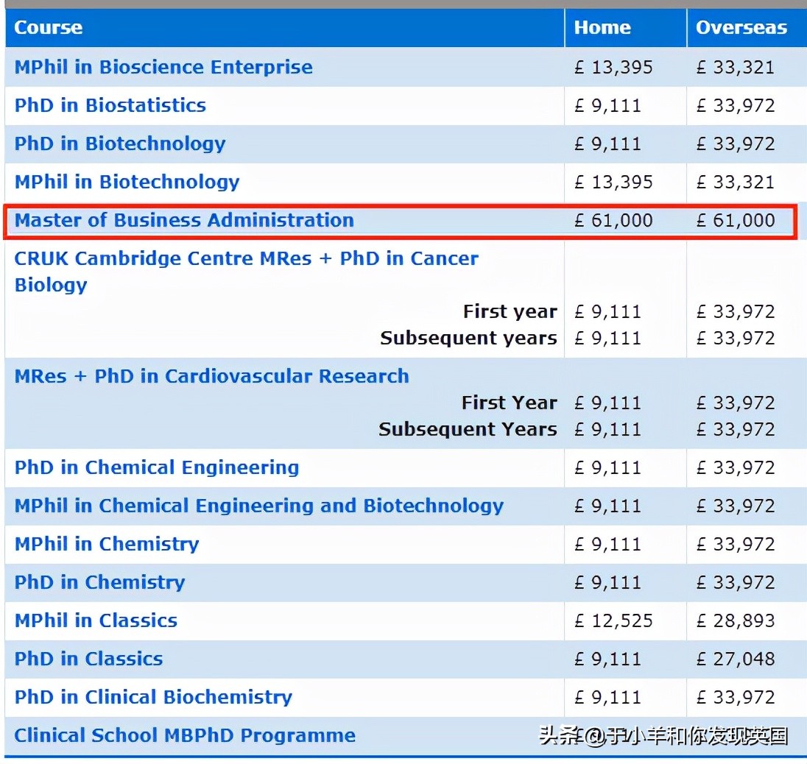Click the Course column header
pyautogui.click(x=48, y=28)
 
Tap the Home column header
pyautogui.click(x=602, y=28)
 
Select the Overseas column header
pyautogui.click(x=741, y=28)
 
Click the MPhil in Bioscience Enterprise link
pyautogui.click(x=163, y=67)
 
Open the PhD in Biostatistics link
pyautogui.click(x=110, y=105)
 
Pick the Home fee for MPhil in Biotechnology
pyautogui.click(x=613, y=182)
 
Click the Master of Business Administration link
pyautogui.click(x=184, y=220)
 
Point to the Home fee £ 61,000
pyautogui.click(x=613, y=220)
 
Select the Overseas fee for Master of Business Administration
pyautogui.click(x=736, y=220)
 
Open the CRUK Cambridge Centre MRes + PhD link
pyautogui.click(x=246, y=259)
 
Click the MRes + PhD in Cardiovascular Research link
pyautogui.click(x=211, y=376)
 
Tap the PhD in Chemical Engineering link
pyautogui.click(x=157, y=467)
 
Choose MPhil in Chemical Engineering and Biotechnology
pyautogui.click(x=259, y=506)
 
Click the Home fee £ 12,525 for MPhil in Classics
pyautogui.click(x=613, y=620)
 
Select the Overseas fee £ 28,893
pyautogui.click(x=736, y=620)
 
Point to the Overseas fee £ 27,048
pyautogui.click(x=736, y=659)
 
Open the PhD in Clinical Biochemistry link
pyautogui.click(x=153, y=697)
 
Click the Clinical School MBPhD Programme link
pyautogui.click(x=185, y=735)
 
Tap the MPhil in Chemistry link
pyautogui.click(x=107, y=544)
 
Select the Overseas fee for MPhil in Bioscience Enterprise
pyautogui.click(x=736, y=67)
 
